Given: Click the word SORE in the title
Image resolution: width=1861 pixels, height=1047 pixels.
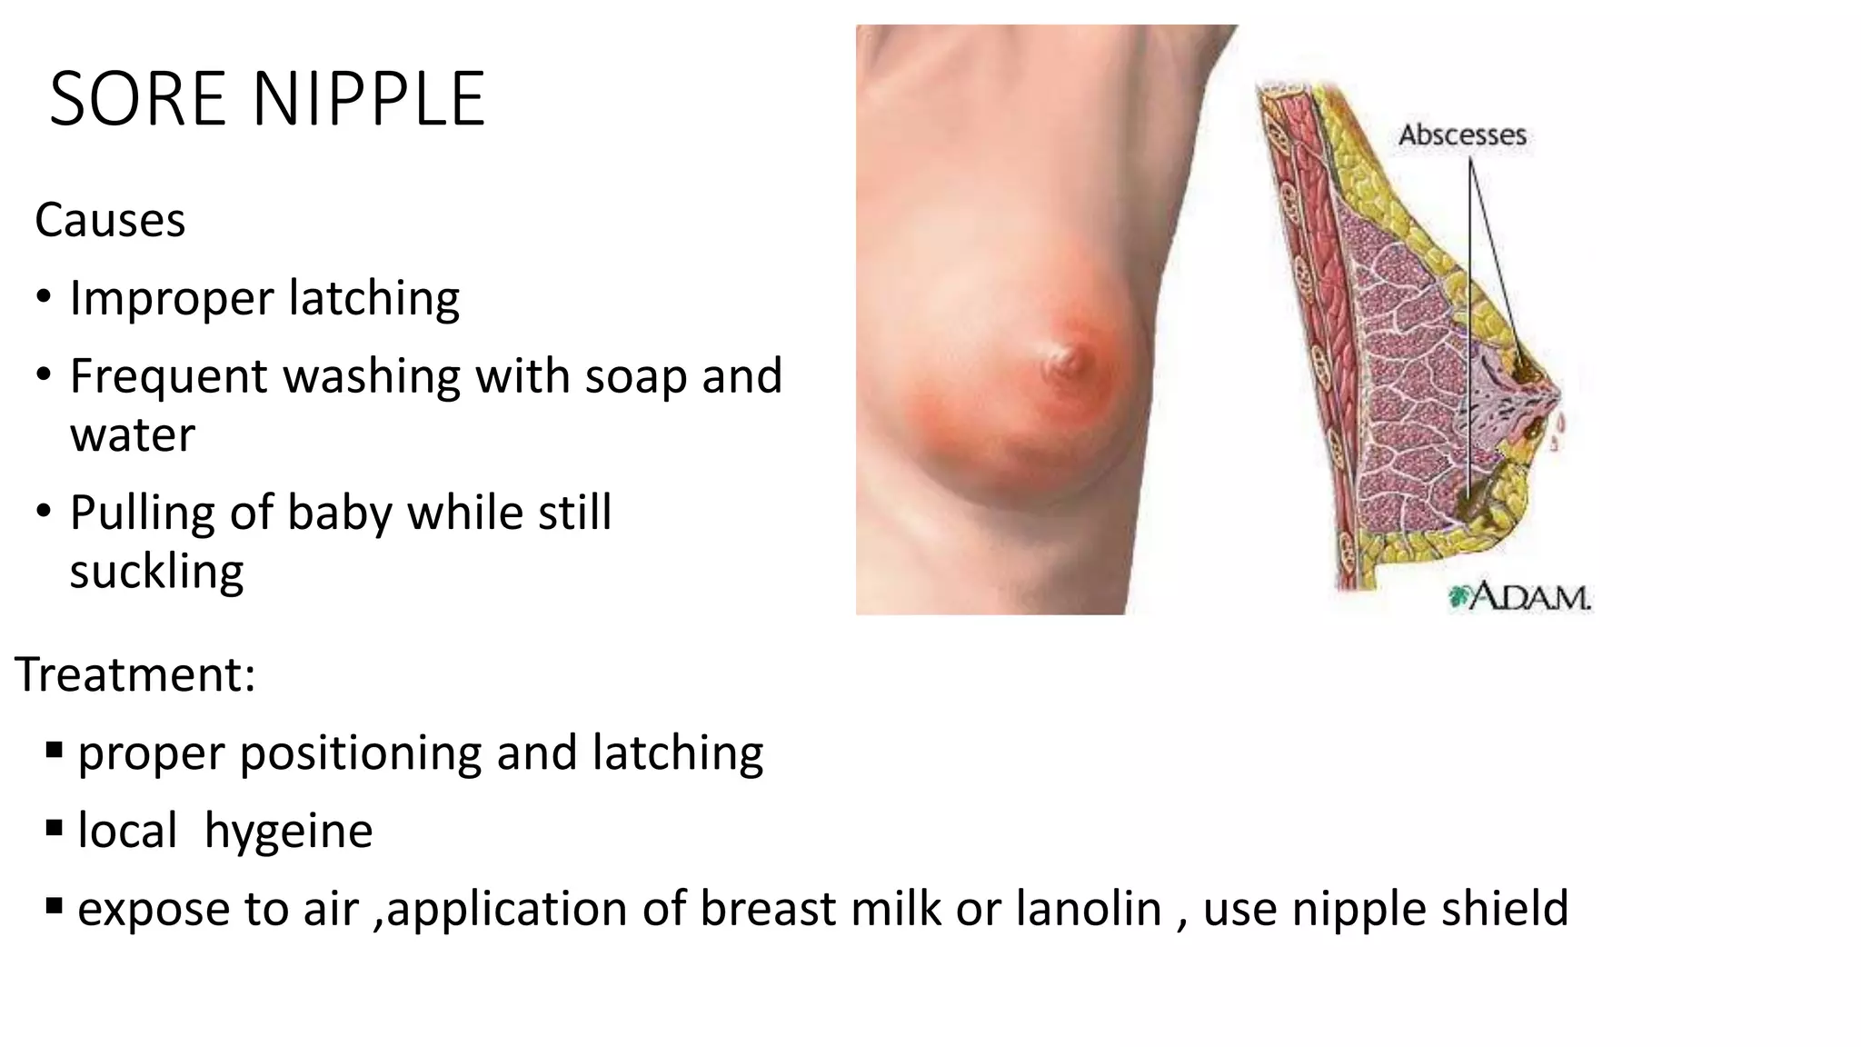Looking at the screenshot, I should click(x=137, y=99).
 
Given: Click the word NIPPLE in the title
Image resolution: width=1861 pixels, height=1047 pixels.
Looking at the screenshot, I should click(x=369, y=99).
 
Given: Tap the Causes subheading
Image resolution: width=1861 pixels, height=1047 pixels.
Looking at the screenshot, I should click(x=110, y=221).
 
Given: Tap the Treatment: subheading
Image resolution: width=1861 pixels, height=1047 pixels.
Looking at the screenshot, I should click(x=135, y=675).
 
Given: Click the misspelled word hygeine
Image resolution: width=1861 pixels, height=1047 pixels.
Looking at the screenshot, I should click(x=288, y=832).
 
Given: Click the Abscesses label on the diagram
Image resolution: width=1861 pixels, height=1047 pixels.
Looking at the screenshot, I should click(x=1462, y=135).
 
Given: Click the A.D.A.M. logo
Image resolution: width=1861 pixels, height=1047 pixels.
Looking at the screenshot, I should click(x=1519, y=597).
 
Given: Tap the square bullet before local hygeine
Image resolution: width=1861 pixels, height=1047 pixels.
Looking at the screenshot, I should click(x=54, y=828).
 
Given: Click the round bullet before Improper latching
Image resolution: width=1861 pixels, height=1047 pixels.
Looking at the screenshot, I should click(x=45, y=298).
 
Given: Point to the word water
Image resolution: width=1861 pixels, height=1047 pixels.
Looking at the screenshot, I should click(x=133, y=435).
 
